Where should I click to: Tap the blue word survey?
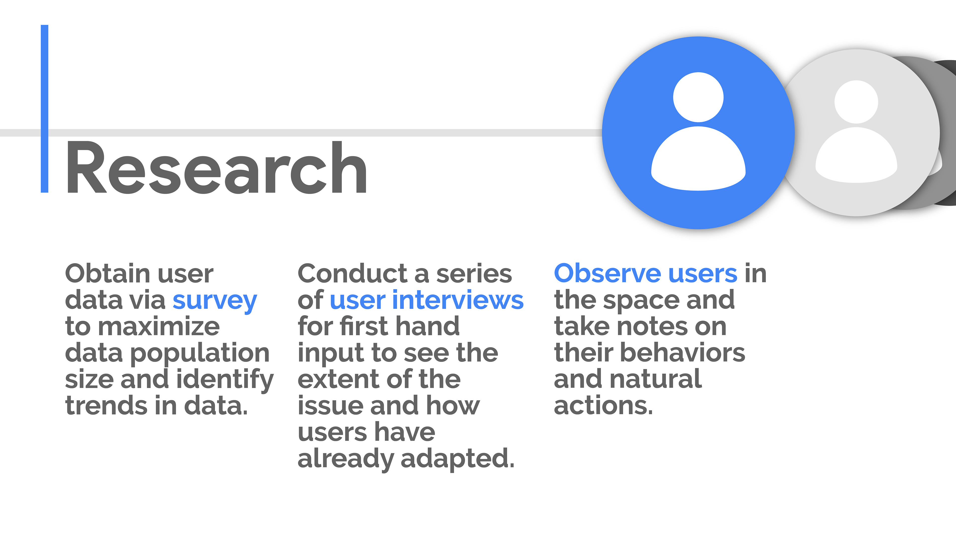[215, 301]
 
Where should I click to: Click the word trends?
[106, 406]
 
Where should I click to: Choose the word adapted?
[458, 460]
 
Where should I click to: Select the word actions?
[603, 406]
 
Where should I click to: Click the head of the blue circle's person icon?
[698, 97]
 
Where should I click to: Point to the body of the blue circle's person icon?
[698, 159]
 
